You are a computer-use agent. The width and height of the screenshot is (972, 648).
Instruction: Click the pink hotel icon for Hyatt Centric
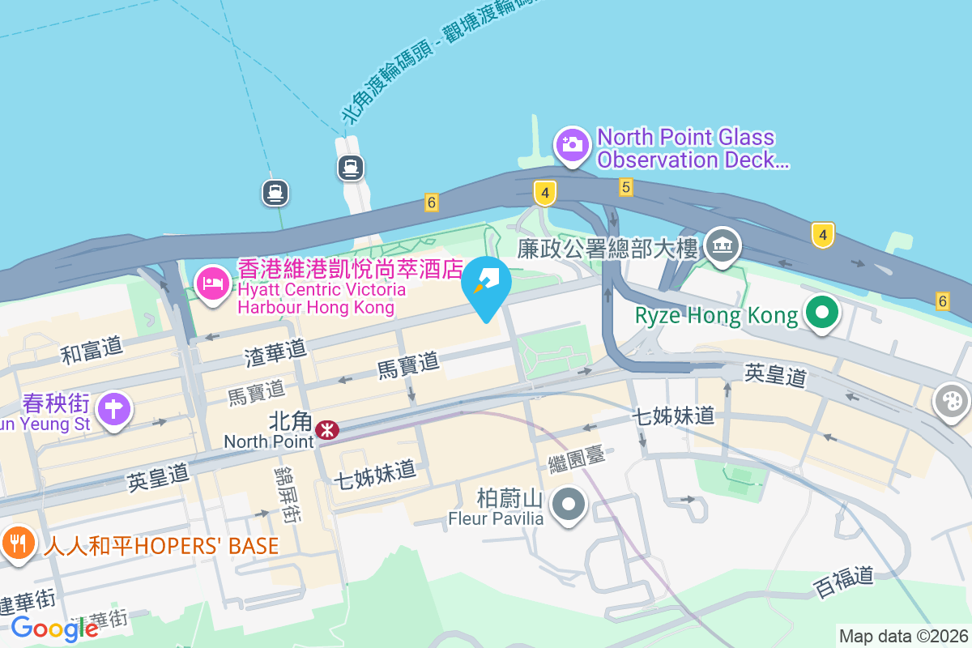[x=212, y=284]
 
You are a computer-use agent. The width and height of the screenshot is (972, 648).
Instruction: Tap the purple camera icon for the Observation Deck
[x=572, y=144]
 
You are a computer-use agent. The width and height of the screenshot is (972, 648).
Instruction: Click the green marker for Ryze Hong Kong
[x=822, y=313]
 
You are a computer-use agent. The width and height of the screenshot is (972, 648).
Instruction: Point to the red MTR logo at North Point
[x=327, y=430]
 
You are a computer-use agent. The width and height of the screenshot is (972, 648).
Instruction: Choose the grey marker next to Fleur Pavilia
[x=569, y=504]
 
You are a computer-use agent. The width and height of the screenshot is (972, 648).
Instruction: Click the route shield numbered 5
[x=625, y=187]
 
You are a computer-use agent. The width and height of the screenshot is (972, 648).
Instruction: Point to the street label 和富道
[x=92, y=350]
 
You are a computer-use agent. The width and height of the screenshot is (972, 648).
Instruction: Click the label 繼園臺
[x=576, y=458]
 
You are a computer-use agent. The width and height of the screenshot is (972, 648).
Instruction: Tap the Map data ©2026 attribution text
[x=902, y=636]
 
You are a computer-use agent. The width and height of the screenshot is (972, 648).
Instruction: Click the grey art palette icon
[x=950, y=401]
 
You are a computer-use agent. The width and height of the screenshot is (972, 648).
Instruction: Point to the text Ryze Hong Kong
[x=717, y=315]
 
